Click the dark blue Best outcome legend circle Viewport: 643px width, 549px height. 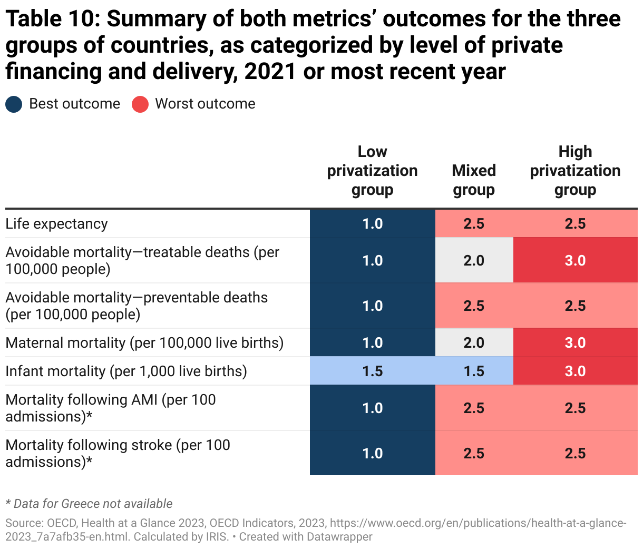tap(14, 104)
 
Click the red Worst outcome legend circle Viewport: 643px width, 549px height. tap(140, 104)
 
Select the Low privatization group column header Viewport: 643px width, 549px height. tap(372, 171)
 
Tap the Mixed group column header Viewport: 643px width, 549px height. tap(474, 180)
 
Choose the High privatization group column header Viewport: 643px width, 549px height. tap(575, 171)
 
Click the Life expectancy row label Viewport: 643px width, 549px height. tap(56, 224)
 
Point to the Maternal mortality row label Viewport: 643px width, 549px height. tap(144, 343)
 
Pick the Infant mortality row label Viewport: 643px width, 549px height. tap(126, 371)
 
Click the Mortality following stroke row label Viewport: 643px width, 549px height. tap(118, 453)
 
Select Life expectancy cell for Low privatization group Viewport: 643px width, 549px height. tap(372, 224)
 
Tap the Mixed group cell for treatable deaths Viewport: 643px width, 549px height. tap(474, 261)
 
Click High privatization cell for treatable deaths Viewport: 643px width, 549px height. tap(575, 261)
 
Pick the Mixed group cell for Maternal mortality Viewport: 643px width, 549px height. tap(474, 343)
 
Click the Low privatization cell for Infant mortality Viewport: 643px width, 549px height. tap(372, 371)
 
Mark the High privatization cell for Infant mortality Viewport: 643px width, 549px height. tap(575, 371)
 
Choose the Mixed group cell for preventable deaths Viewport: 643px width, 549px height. tap(474, 306)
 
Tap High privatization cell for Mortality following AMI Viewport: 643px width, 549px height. tap(575, 408)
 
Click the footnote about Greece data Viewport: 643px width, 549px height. tap(89, 504)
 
